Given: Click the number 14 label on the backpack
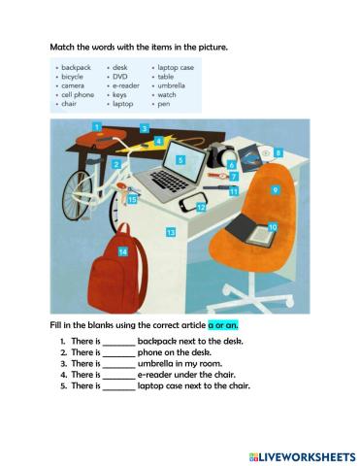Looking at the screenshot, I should (x=123, y=251).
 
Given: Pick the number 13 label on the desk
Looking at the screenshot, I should (x=170, y=233).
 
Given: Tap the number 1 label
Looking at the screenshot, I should (x=97, y=126).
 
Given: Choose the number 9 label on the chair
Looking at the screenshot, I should (x=276, y=191).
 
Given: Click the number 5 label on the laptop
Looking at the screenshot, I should (x=180, y=158).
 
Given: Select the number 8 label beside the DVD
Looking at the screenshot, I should (x=278, y=152).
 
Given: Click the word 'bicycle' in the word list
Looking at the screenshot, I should (x=73, y=76).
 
